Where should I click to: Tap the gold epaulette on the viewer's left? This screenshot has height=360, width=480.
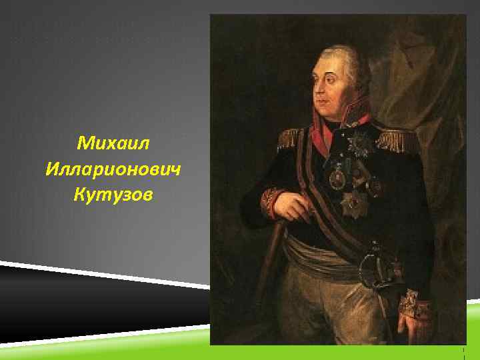pyautogui.click(x=289, y=137)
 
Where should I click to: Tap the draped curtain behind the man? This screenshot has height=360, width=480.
pyautogui.click(x=427, y=73)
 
